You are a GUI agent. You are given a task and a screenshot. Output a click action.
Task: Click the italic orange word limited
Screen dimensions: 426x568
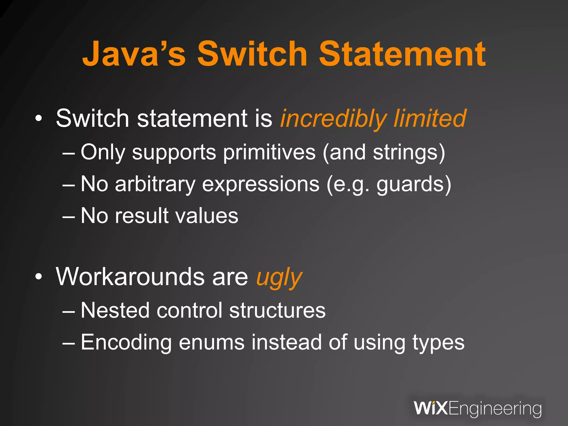point(430,119)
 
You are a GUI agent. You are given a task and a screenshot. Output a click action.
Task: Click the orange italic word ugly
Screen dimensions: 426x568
point(279,277)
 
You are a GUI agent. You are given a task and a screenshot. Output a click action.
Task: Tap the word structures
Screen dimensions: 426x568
point(277,310)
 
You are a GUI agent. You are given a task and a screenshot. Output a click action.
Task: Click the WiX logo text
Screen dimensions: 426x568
point(431,408)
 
